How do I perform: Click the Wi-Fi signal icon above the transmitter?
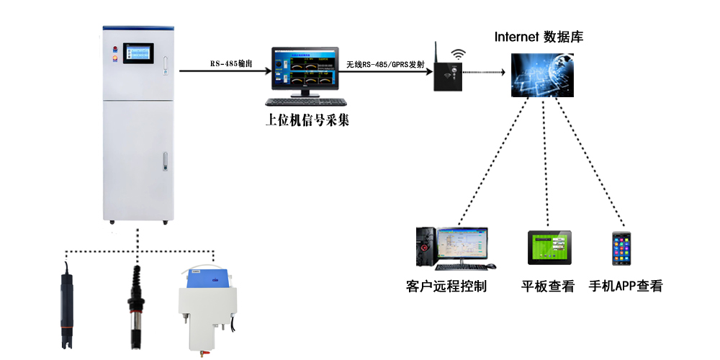click(458, 54)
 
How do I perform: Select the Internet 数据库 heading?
click(539, 37)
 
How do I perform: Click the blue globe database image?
click(545, 74)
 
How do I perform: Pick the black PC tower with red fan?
click(426, 245)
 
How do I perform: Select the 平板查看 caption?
click(549, 287)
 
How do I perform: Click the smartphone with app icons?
click(622, 248)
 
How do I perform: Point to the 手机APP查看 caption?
click(626, 287)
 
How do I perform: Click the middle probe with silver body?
click(135, 306)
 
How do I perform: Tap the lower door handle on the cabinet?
click(164, 161)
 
